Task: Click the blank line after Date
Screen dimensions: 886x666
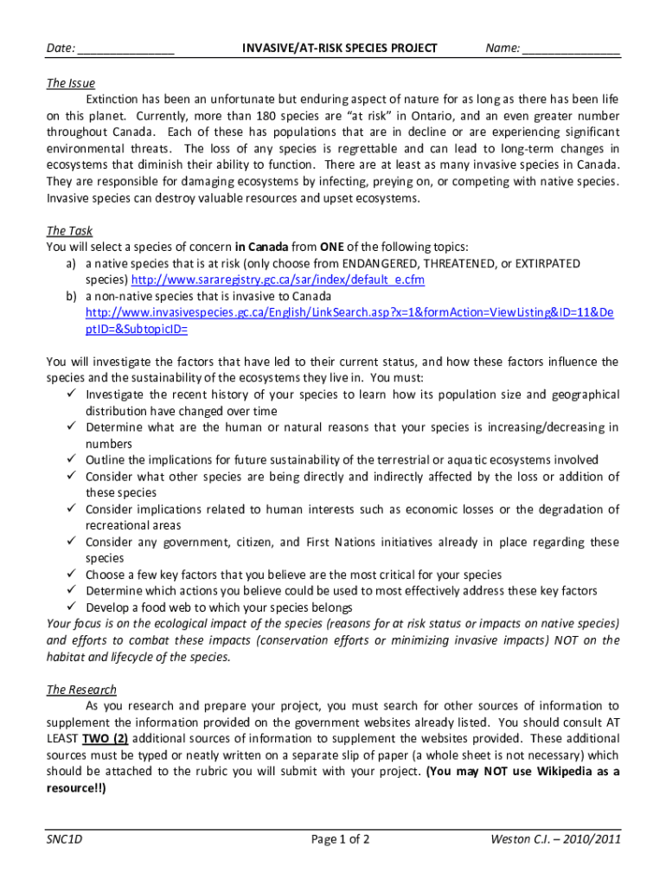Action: pos(125,49)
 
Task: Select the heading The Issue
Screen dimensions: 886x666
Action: pos(70,83)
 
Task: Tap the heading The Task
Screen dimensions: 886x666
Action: pos(69,231)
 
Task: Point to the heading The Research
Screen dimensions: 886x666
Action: pos(81,690)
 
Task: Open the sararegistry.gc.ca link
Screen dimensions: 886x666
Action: pos(278,280)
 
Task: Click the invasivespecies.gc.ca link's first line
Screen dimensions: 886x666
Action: pos(349,312)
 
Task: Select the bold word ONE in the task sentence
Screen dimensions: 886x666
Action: pos(333,247)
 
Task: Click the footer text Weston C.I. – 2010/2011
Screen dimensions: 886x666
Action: pos(554,839)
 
